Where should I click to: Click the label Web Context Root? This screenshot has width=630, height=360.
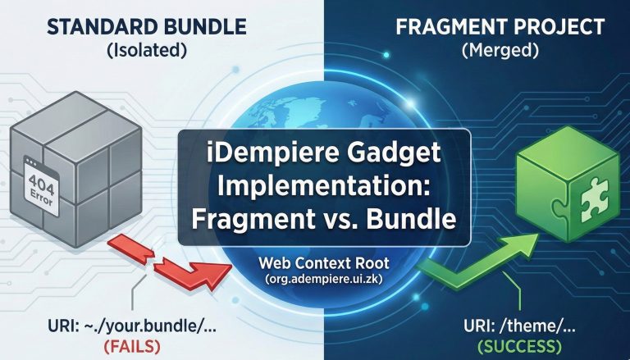325,264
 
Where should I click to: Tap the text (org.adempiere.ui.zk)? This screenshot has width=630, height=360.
325,281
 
